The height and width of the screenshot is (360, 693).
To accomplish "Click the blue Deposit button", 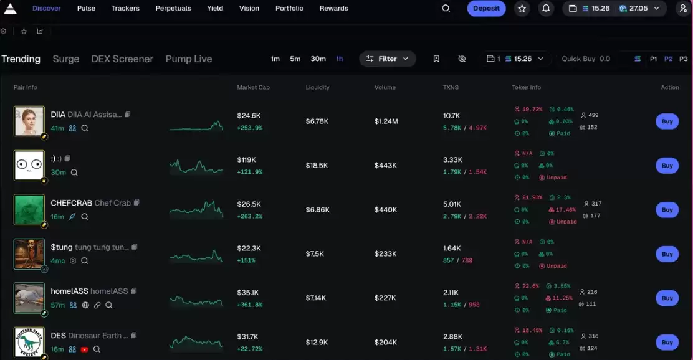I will [x=486, y=9].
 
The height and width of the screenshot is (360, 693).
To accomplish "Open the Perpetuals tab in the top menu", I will [x=173, y=9].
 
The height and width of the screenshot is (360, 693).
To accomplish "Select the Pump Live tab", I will [x=189, y=59].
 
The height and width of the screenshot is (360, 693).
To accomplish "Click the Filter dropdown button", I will [x=387, y=59].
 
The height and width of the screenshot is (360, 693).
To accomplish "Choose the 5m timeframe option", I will [x=295, y=59].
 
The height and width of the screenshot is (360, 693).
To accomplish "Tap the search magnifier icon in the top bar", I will [x=446, y=9].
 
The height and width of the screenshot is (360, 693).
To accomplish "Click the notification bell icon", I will [x=546, y=9].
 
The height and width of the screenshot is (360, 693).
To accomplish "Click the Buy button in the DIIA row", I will [x=667, y=121].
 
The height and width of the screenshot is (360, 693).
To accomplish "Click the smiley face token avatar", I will [x=29, y=166].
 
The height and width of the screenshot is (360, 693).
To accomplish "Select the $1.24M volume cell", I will [x=386, y=121].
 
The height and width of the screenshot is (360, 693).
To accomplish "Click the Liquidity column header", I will [x=318, y=87].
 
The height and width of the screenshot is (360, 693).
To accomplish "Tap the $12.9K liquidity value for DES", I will [x=317, y=342].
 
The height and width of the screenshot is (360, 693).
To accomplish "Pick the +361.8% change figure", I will [x=250, y=305].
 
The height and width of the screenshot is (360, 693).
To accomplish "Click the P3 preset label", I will [x=683, y=59].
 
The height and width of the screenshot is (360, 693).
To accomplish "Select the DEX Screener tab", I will [x=122, y=59].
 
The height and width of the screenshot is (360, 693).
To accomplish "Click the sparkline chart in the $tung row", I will [x=196, y=254].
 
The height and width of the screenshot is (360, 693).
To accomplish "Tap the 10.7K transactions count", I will [x=451, y=116].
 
